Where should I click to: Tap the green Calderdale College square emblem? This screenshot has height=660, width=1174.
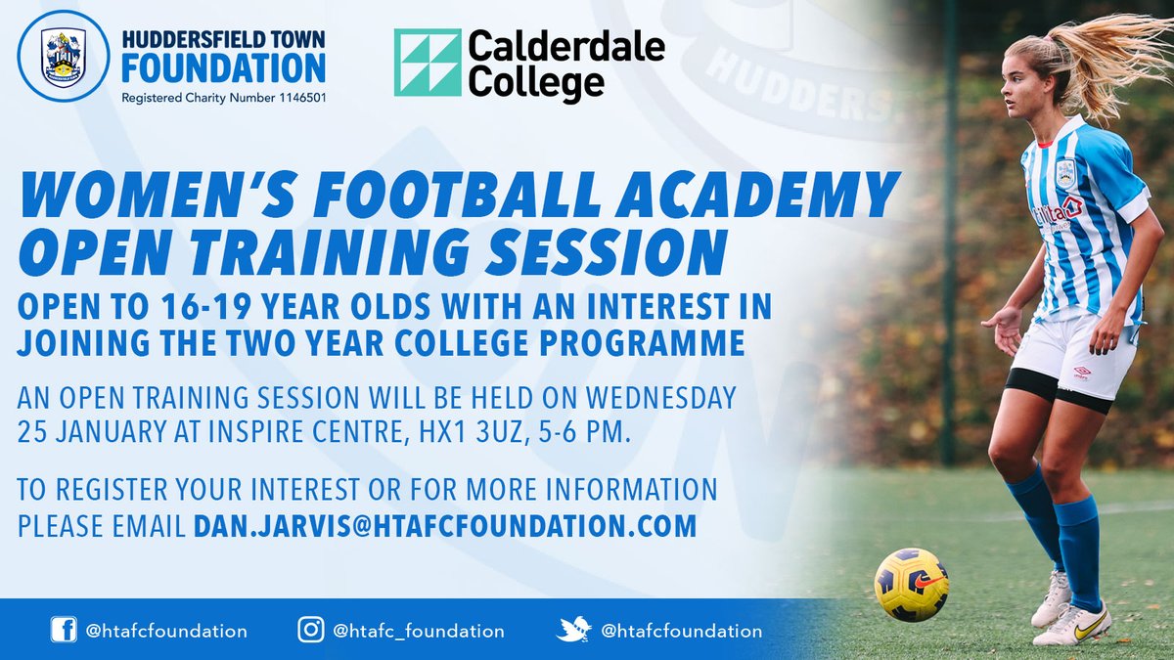click(428, 62)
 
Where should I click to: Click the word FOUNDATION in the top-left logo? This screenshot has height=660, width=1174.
click(222, 68)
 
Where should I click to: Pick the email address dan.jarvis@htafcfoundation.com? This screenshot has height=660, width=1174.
click(445, 526)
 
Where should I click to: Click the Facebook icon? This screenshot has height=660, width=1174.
click(64, 631)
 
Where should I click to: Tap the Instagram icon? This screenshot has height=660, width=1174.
click(311, 631)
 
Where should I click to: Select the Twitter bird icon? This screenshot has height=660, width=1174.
click(573, 631)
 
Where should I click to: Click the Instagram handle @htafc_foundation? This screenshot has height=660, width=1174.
click(420, 632)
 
